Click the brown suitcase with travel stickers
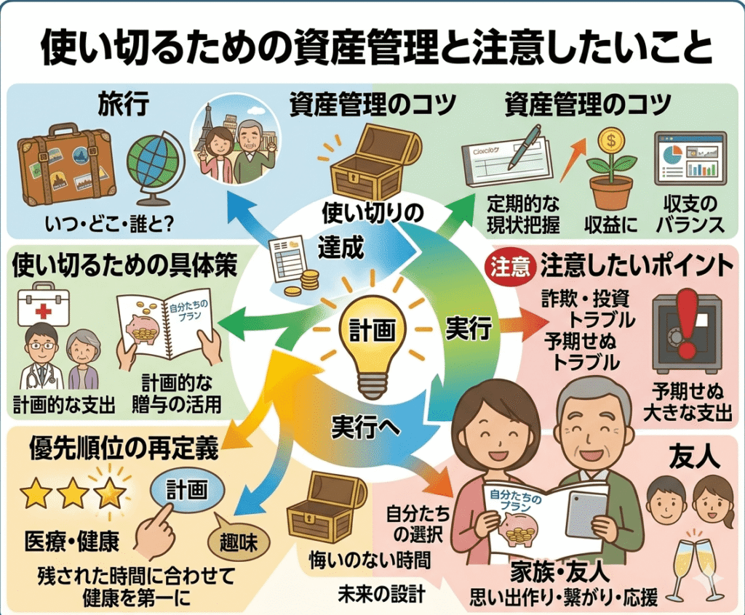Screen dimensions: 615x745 66,165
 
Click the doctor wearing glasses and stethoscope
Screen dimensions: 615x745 40,356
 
